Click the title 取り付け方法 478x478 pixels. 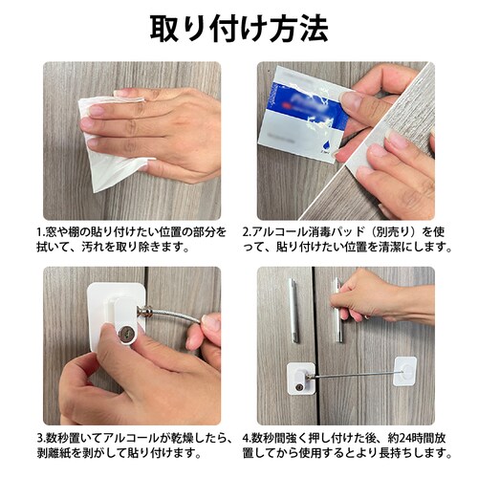[238, 29]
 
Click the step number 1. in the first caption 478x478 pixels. [40, 231]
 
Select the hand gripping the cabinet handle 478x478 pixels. [382, 296]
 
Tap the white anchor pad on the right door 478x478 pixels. [406, 369]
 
